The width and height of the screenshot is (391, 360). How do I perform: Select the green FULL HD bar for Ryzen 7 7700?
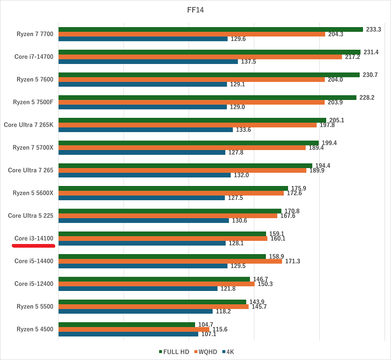211,29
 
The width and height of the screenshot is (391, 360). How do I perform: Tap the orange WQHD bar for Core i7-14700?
200,57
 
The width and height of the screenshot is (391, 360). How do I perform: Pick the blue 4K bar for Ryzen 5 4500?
128,334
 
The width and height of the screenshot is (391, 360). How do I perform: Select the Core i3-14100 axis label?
34,238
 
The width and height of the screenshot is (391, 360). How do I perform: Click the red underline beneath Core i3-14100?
34,246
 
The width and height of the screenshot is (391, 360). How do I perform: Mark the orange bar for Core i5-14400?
170,261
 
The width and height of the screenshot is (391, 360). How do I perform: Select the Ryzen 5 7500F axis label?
35,102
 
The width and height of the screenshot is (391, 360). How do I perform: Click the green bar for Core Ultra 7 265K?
192,120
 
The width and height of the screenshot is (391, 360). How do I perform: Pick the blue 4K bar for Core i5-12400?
138,289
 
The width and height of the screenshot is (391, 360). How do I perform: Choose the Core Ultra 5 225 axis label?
31,215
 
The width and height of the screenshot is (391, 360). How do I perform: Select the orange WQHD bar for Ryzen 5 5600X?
171,193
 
